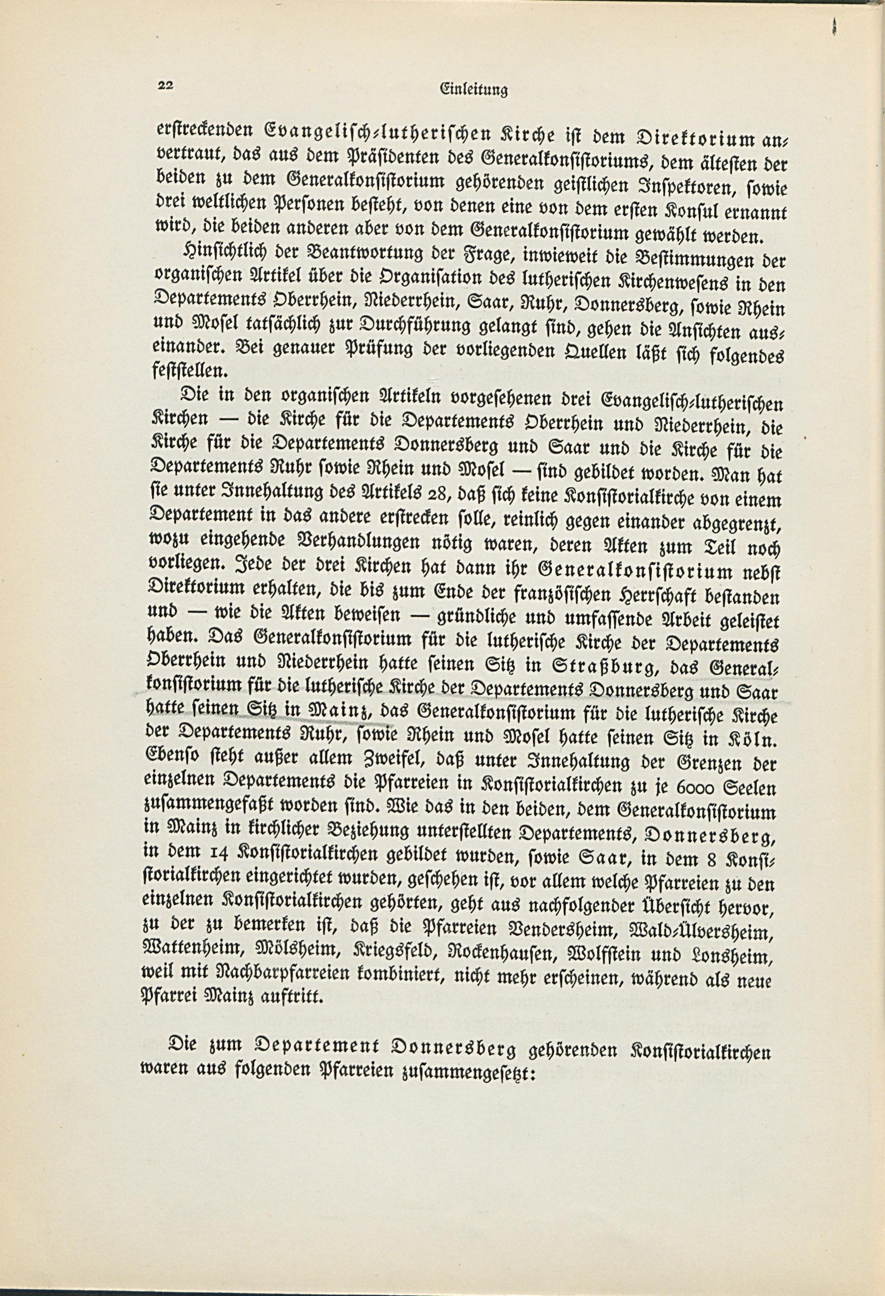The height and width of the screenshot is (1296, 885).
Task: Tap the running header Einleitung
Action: click(x=473, y=90)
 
